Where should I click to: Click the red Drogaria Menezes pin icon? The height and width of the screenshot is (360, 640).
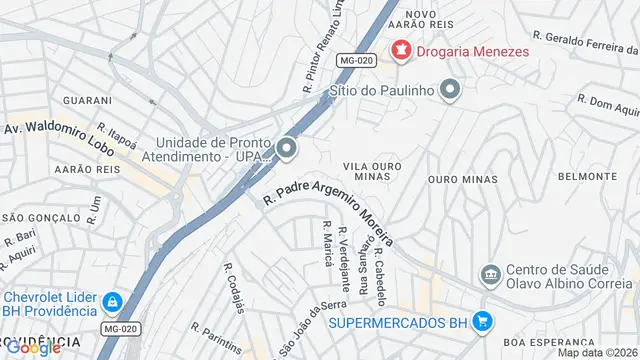[401, 49]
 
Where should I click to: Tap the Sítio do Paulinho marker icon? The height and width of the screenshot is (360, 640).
[450, 91]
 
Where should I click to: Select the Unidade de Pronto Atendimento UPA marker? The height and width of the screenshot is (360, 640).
[288, 150]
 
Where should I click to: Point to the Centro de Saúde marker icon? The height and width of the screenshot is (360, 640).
[490, 273]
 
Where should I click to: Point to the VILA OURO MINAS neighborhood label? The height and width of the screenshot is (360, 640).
[372, 170]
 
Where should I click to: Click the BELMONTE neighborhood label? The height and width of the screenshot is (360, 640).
[587, 176]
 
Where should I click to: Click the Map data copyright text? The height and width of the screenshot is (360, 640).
[597, 352]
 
